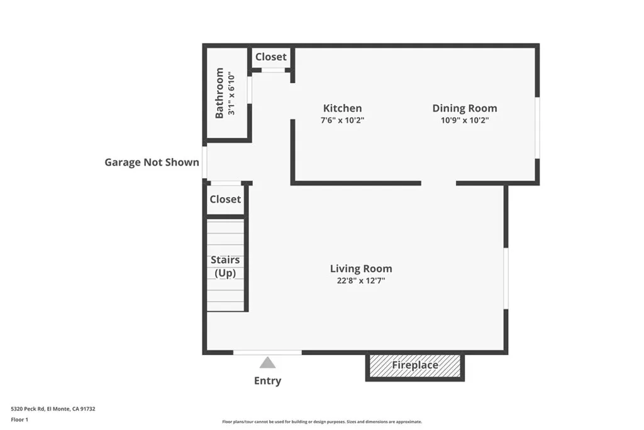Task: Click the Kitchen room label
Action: pos(342,108)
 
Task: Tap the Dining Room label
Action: pos(464,108)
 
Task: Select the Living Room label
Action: pos(361,269)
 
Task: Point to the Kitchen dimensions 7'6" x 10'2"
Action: pos(342,120)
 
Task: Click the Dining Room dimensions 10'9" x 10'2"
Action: pos(464,120)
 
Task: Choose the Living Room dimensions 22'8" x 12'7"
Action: pos(361,281)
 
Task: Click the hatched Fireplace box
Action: pos(415,365)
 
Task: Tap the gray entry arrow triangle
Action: pos(267,363)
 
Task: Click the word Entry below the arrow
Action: pos(267,381)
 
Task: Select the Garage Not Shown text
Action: pos(152,162)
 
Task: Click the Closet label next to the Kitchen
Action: pos(270,57)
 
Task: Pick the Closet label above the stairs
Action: pos(225,199)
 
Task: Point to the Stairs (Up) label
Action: pos(225,266)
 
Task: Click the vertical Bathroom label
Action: pos(219,93)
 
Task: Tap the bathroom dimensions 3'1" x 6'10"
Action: pos(231,94)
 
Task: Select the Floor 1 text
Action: pos(19,419)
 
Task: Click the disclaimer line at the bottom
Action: pos(322,422)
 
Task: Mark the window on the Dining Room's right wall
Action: pos(537,127)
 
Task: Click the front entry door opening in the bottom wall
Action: pos(267,353)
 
